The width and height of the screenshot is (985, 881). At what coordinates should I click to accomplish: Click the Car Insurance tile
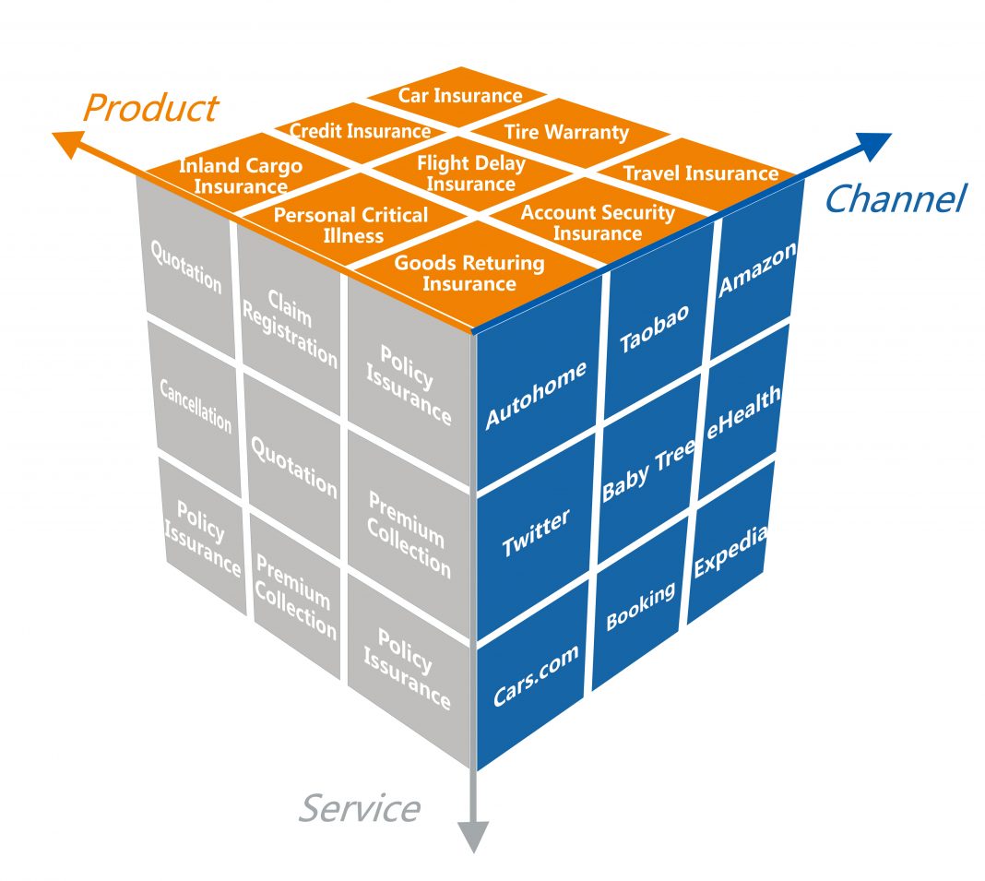(x=459, y=96)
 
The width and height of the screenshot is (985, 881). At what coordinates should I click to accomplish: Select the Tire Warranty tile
(x=566, y=132)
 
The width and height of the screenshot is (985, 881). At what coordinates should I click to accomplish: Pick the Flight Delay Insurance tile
(x=470, y=173)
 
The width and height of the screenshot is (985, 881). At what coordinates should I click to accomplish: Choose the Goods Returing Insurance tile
(x=469, y=273)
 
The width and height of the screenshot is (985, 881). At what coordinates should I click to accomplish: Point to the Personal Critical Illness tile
(x=351, y=224)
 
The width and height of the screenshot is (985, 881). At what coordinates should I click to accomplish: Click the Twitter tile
(x=536, y=532)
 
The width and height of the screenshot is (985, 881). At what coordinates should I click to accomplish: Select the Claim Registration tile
(x=290, y=327)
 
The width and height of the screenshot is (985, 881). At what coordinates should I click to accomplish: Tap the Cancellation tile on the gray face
(x=196, y=404)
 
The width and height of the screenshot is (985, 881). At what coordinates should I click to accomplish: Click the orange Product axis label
(x=149, y=108)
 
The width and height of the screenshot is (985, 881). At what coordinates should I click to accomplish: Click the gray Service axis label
(x=359, y=808)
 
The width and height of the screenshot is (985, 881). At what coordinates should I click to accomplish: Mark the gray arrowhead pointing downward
(x=472, y=835)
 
